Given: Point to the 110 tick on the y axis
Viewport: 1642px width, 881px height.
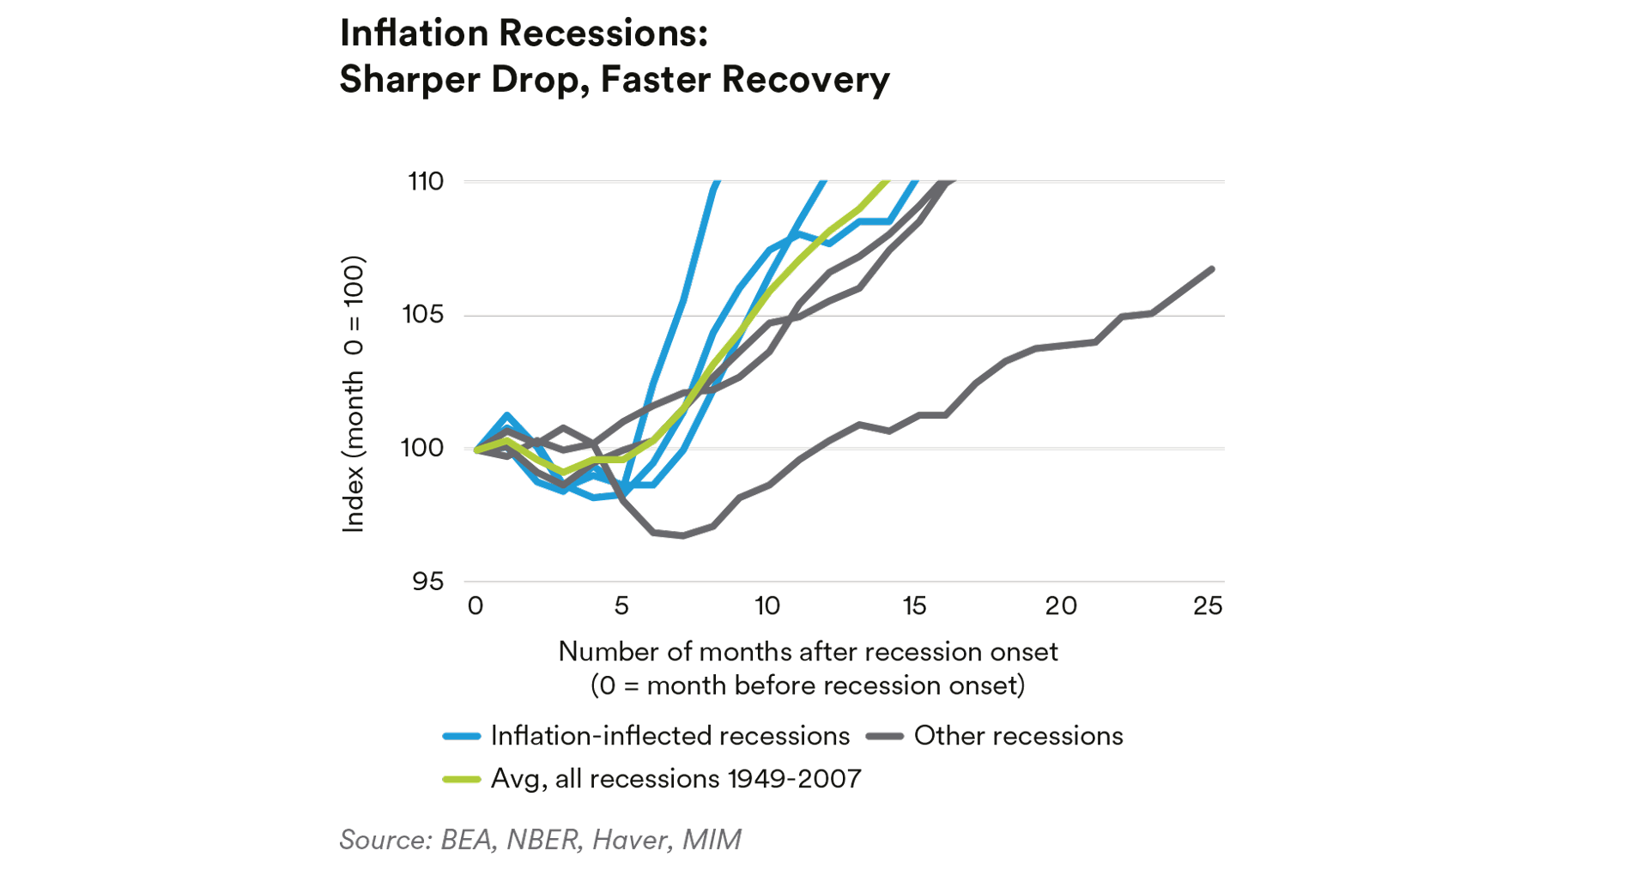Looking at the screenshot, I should pyautogui.click(x=426, y=181).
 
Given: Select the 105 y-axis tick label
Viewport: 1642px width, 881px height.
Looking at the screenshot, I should pyautogui.click(x=423, y=315).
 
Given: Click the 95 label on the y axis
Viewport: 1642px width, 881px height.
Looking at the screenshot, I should pyautogui.click(x=427, y=582).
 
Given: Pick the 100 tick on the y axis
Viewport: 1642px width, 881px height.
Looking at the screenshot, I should pyautogui.click(x=423, y=448).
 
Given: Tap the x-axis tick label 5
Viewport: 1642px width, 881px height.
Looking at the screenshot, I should pyautogui.click(x=621, y=606).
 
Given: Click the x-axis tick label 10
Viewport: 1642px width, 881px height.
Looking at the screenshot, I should pyautogui.click(x=767, y=606).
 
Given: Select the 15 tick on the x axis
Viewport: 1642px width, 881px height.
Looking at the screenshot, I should pyautogui.click(x=914, y=606).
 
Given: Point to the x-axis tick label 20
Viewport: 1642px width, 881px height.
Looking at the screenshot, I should pyautogui.click(x=1061, y=606).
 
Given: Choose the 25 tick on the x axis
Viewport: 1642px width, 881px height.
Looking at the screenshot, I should pyautogui.click(x=1208, y=606).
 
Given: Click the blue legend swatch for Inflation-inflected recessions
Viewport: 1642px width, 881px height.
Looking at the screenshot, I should pyautogui.click(x=461, y=736).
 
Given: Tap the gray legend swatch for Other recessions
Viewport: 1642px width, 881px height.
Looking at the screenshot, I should pyautogui.click(x=884, y=736).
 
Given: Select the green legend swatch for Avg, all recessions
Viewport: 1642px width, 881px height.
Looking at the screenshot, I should pyautogui.click(x=461, y=779).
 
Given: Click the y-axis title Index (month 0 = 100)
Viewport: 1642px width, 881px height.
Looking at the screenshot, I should pyautogui.click(x=354, y=394).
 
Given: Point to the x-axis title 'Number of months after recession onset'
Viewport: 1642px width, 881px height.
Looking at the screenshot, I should pyautogui.click(x=808, y=652).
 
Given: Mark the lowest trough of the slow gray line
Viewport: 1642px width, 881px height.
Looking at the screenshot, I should pyautogui.click(x=683, y=535).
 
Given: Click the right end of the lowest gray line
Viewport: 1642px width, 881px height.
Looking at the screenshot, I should pyautogui.click(x=1211, y=269).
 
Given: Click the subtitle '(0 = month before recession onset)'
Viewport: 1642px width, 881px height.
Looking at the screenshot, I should pyautogui.click(x=808, y=685).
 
